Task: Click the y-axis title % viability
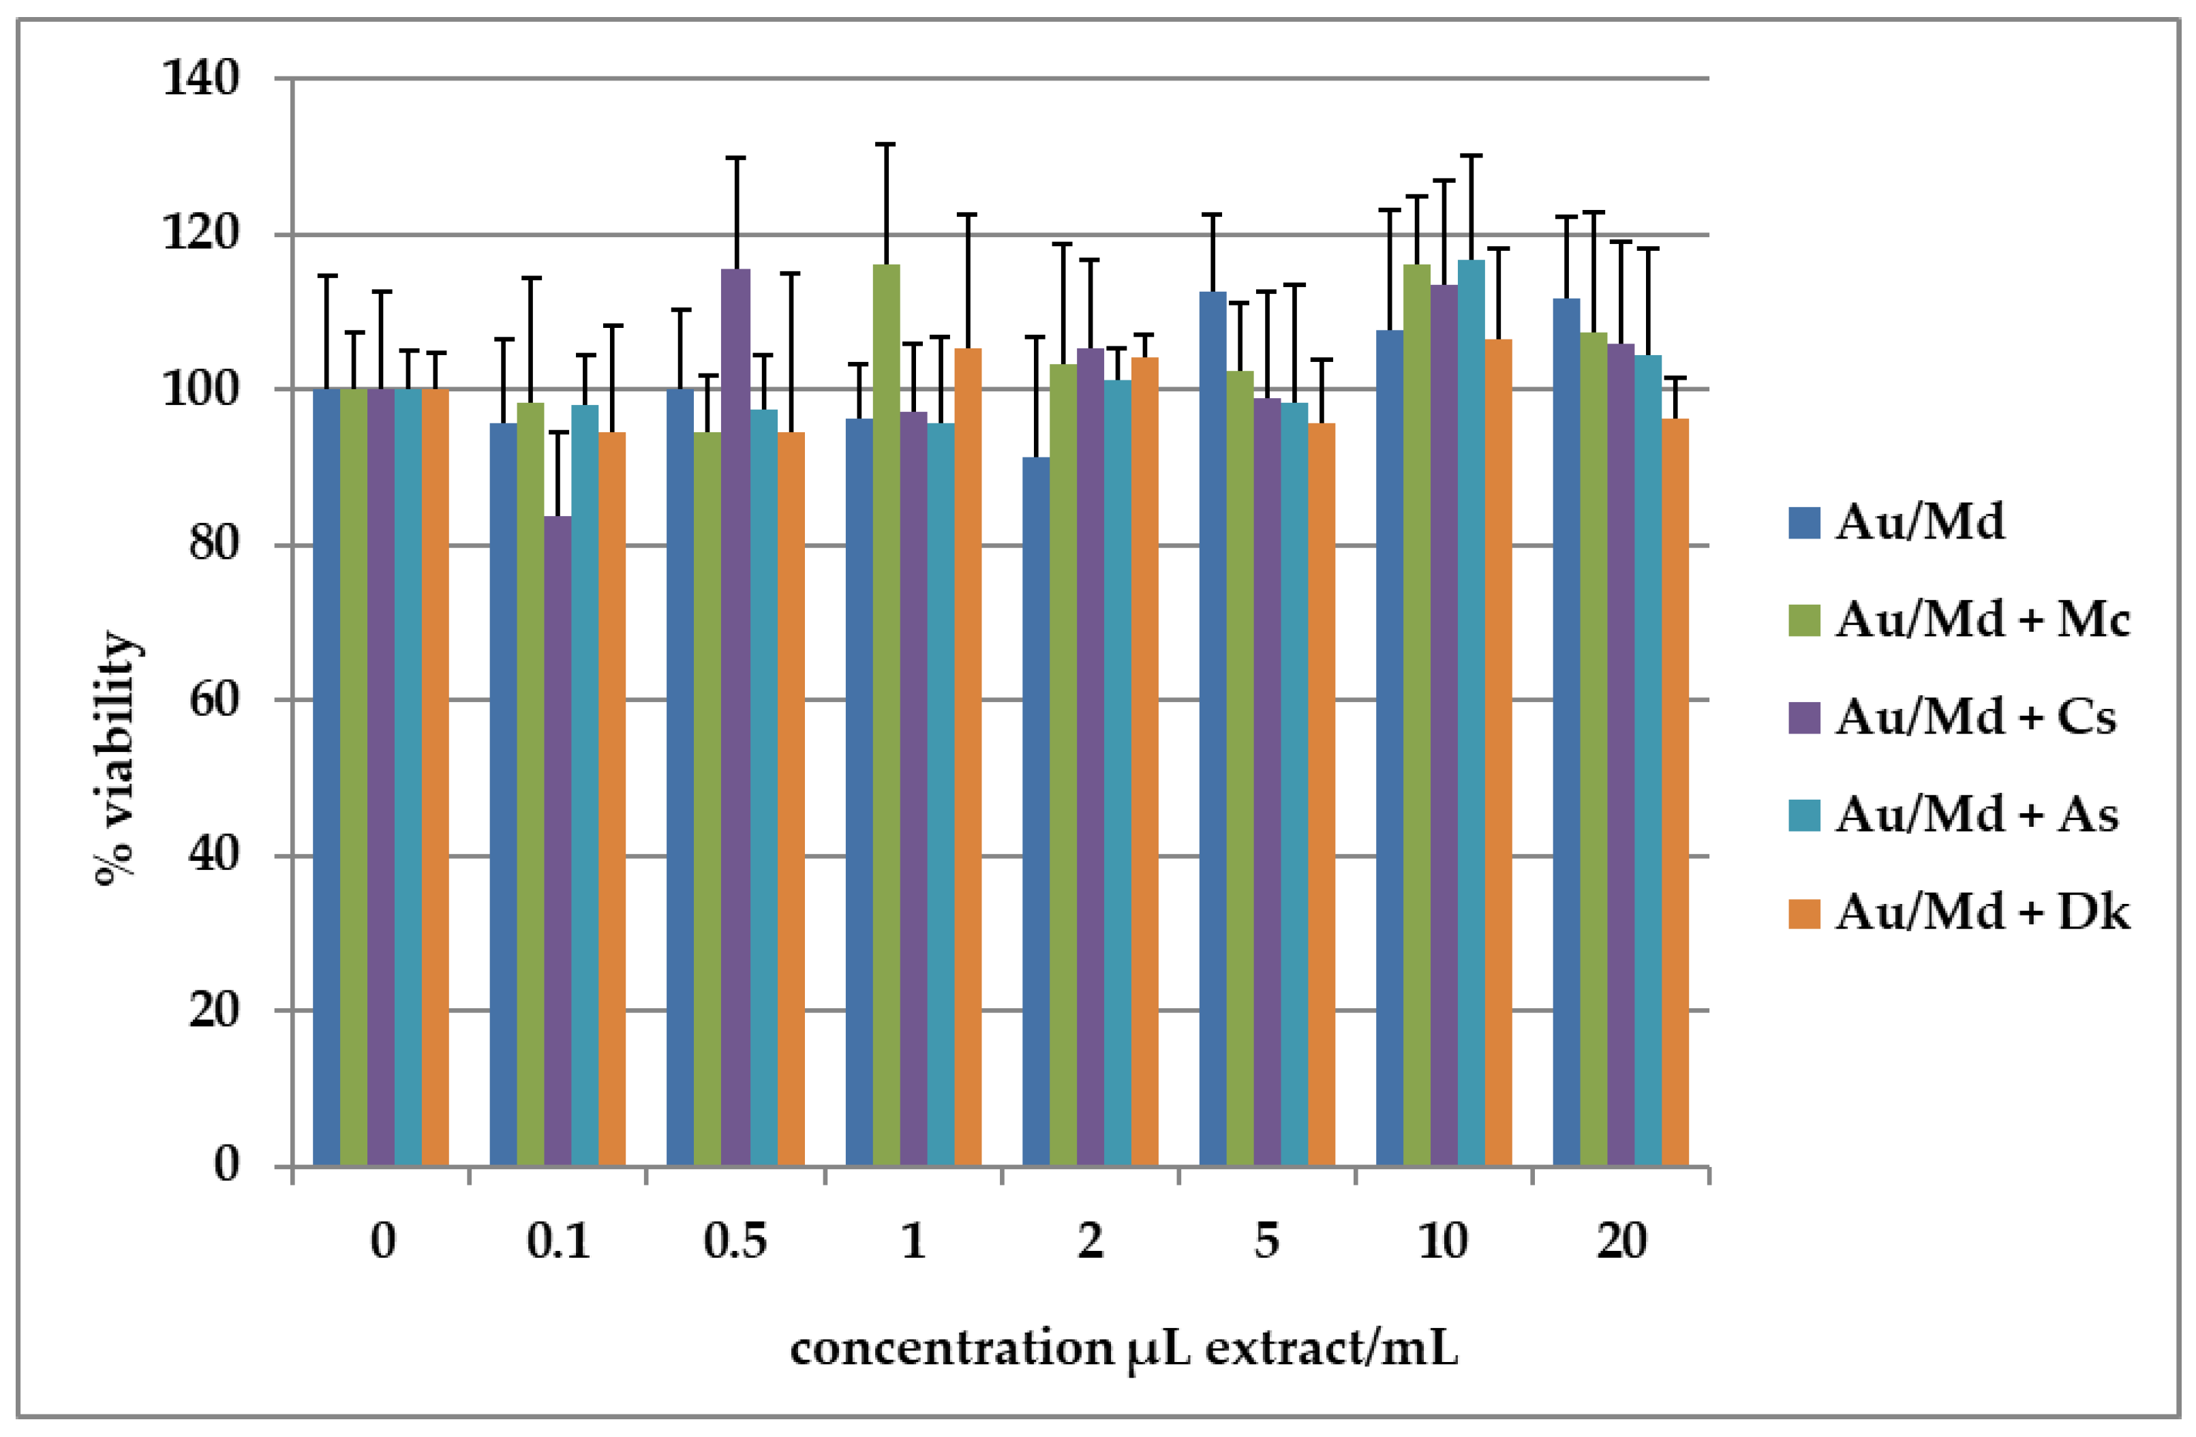click(x=118, y=757)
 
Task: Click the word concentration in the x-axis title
click(x=950, y=1348)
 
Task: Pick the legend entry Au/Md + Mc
click(x=1982, y=619)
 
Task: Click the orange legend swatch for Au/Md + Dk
click(x=1804, y=913)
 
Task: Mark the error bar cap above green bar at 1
click(x=886, y=145)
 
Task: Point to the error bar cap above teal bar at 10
click(x=1471, y=156)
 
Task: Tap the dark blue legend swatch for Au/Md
click(x=1804, y=522)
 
